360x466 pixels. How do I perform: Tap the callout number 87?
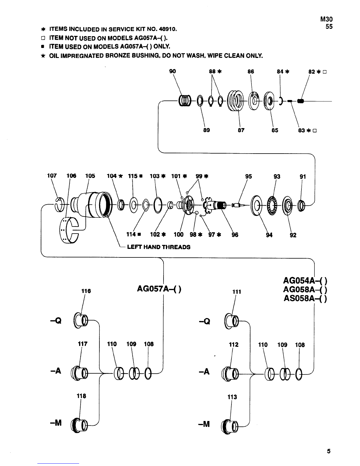(241, 130)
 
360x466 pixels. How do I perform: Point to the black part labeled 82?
(301, 101)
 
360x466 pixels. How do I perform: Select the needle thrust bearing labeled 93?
(272, 205)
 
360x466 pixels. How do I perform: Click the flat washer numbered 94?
(256, 205)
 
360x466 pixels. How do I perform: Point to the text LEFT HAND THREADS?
(159, 247)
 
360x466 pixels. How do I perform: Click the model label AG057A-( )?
(159, 289)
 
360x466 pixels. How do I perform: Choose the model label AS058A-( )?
(305, 298)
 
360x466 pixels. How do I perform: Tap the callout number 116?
(86, 291)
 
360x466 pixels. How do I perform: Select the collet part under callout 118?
(79, 425)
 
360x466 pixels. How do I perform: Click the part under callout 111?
(231, 321)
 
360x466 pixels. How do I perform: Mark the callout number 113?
(232, 397)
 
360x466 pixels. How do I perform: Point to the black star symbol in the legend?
(43, 56)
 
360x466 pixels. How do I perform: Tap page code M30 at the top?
(326, 19)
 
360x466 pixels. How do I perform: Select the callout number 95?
(249, 177)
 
